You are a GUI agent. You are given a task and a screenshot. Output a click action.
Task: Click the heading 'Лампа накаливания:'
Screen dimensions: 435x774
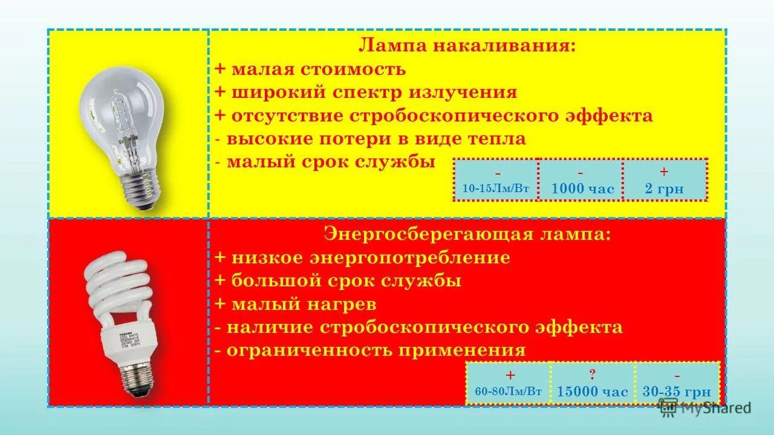click(467, 46)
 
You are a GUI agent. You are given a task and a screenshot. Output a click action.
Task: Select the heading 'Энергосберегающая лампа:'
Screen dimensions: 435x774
click(467, 234)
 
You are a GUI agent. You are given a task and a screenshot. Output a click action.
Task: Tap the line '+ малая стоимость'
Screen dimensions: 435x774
click(310, 69)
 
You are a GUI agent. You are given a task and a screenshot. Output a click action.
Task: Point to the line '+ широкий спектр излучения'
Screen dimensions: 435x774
click(366, 92)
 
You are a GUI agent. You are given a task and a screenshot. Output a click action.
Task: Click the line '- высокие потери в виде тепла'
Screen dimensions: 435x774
click(370, 139)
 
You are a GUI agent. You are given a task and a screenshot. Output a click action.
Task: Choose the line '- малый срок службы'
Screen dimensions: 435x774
click(325, 162)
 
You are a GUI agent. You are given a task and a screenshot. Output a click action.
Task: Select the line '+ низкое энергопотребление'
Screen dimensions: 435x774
click(362, 257)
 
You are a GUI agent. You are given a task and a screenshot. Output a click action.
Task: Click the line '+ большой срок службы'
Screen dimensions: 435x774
click(338, 281)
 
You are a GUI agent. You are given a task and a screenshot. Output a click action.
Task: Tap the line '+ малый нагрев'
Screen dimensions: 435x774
click(296, 304)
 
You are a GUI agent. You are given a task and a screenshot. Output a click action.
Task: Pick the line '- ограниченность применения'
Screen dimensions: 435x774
click(370, 350)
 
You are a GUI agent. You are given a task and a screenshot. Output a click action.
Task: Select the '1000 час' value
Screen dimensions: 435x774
click(582, 189)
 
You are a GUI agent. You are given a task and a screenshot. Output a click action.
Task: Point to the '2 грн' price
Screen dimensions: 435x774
click(664, 189)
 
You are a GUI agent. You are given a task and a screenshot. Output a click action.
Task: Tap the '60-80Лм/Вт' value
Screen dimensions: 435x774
click(509, 391)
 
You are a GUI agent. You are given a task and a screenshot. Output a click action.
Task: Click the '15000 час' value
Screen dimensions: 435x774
click(593, 392)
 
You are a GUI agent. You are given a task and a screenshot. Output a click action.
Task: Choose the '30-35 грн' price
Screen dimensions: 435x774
click(677, 391)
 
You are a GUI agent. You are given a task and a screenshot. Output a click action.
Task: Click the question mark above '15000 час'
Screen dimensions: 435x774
click(593, 374)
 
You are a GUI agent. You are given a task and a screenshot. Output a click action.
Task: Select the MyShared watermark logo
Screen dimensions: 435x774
click(705, 408)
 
